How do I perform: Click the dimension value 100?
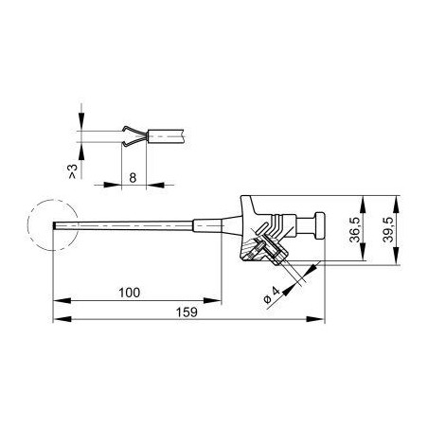pos(130,293)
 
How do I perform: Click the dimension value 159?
pos(187,312)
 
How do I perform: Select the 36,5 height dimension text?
pos(355,229)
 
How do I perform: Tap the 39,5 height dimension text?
pos(388,229)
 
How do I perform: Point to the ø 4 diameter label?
pos(272,294)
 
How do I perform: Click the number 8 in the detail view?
pos(133,178)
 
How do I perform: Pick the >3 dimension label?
pos(73,171)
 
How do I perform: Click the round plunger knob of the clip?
pos(319,225)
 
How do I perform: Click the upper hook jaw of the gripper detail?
pos(134,131)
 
